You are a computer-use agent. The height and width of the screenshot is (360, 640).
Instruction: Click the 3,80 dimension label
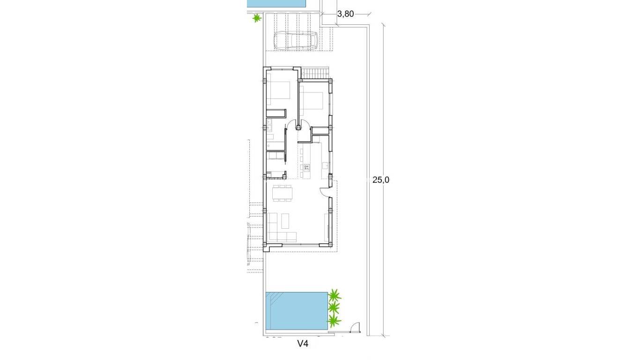tap(345, 14)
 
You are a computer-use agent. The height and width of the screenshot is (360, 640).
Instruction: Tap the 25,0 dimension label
tap(381, 180)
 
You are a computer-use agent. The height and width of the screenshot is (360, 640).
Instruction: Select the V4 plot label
tap(303, 344)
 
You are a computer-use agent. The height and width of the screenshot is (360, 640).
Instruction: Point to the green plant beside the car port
tap(256, 18)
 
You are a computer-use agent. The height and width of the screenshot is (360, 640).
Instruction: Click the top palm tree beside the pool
tap(335, 296)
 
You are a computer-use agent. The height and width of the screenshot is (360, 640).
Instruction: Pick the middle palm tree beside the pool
tap(334, 308)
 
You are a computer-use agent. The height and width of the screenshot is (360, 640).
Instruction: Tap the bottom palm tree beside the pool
tap(333, 321)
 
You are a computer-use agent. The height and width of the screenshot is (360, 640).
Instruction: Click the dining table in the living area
tap(283, 193)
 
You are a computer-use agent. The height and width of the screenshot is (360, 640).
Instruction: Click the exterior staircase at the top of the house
tap(315, 74)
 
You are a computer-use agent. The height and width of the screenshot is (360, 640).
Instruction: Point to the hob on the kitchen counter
tap(307, 166)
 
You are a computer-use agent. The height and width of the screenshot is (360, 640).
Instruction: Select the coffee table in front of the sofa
tap(285, 218)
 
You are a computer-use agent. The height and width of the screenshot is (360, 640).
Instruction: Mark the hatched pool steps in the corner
tap(273, 298)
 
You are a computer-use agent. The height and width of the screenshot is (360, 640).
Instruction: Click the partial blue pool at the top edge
tap(276, 3)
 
